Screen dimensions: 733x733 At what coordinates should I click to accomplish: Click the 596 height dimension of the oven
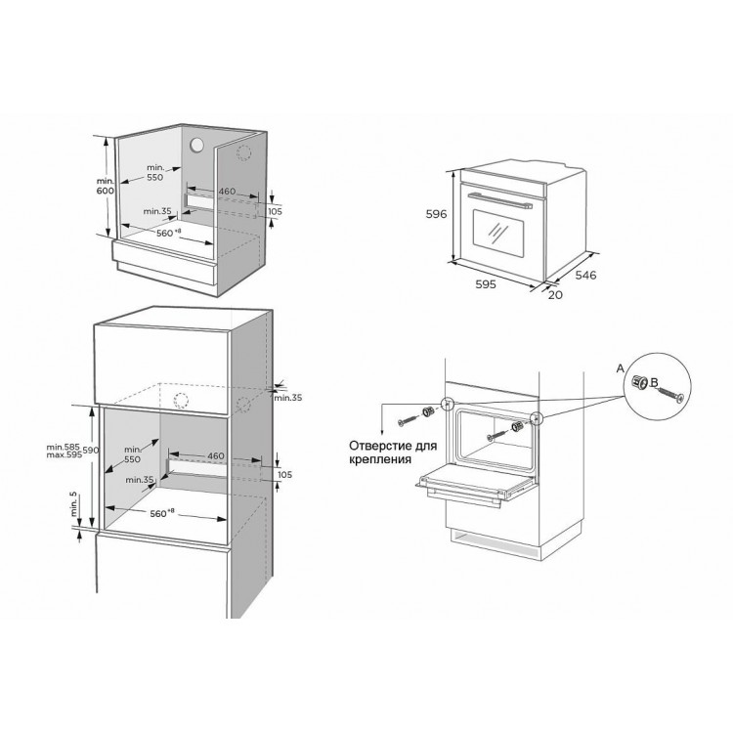(x=436, y=214)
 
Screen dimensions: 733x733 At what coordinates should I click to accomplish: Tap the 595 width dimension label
(x=485, y=283)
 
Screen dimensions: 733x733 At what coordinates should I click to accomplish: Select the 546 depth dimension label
(x=585, y=275)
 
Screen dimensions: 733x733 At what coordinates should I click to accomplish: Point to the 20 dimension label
(x=555, y=295)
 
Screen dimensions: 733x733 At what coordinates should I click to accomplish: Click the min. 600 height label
(x=106, y=186)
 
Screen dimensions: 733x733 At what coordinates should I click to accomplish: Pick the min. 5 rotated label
(x=73, y=504)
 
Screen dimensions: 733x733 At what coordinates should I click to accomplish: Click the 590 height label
(x=91, y=451)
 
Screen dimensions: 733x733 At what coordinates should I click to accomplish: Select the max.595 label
(x=65, y=454)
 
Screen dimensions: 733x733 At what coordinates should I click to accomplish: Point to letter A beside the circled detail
(x=621, y=368)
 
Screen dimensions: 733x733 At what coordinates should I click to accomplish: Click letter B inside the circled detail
(x=654, y=382)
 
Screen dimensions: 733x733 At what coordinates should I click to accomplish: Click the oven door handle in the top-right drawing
(x=500, y=199)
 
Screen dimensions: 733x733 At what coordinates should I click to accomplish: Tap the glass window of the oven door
(x=498, y=234)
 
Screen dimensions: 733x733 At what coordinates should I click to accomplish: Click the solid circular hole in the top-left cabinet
(x=196, y=145)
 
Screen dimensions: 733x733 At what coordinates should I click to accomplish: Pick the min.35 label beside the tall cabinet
(x=288, y=398)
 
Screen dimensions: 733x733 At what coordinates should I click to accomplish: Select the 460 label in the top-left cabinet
(x=227, y=192)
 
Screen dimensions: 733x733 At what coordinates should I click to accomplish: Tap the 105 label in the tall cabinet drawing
(x=284, y=474)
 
